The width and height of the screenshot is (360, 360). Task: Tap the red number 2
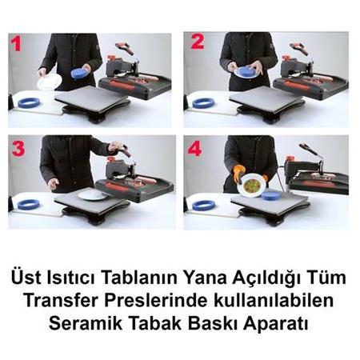pos(197,43)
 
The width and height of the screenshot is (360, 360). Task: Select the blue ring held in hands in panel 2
pos(245,72)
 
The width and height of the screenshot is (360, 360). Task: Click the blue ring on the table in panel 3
pos(28,204)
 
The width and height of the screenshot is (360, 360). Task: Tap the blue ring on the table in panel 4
pos(204,205)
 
